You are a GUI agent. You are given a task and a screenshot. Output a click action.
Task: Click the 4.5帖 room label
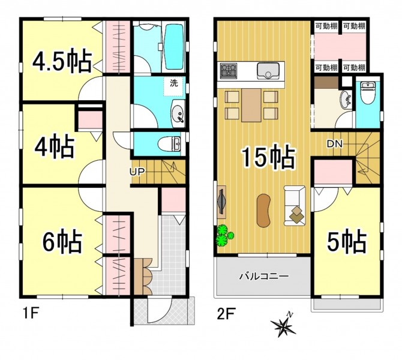62,61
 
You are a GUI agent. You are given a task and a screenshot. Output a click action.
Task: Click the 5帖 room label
346,241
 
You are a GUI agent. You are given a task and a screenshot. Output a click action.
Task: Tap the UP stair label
137,172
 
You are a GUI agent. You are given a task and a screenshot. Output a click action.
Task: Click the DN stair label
335,144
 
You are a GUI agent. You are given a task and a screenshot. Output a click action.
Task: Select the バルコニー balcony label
264,276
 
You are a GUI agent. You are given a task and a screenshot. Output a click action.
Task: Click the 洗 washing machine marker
174,83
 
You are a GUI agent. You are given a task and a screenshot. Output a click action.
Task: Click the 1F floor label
30,314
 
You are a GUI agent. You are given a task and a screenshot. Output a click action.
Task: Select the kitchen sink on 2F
268,70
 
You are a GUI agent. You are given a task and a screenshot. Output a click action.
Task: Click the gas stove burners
229,70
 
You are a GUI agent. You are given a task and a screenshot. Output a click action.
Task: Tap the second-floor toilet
367,92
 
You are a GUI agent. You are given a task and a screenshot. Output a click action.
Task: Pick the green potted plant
224,235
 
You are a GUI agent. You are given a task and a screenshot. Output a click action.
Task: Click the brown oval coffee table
264,210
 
